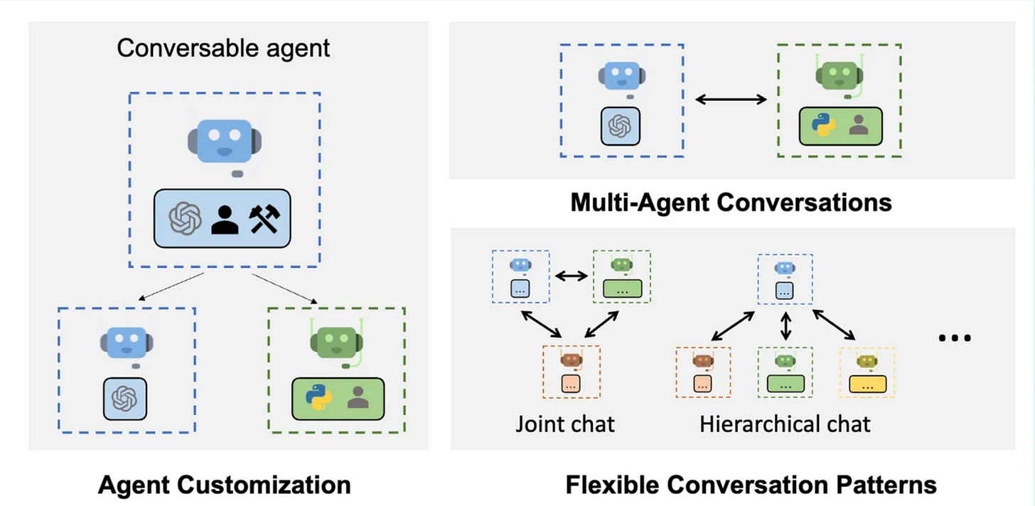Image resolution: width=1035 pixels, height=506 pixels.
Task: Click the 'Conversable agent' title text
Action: click(223, 48)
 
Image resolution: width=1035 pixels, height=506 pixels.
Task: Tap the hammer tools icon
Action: click(264, 219)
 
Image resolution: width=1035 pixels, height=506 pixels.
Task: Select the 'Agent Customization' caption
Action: click(224, 485)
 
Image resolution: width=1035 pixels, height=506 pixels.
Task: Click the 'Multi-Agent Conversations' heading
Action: click(731, 203)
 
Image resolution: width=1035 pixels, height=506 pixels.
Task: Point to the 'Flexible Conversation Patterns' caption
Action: click(751, 485)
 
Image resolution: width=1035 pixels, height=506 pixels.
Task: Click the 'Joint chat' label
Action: click(564, 424)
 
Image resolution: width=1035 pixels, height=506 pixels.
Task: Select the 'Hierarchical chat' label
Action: click(785, 424)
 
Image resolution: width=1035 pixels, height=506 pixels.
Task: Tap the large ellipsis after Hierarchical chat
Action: click(955, 338)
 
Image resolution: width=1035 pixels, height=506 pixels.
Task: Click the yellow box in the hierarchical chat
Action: click(868, 384)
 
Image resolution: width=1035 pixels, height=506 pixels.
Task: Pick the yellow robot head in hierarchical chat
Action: click(867, 361)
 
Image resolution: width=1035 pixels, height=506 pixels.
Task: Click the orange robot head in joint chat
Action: click(571, 360)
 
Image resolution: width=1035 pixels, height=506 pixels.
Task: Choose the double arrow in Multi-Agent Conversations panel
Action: click(731, 99)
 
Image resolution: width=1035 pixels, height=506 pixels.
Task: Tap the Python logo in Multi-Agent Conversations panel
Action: click(823, 125)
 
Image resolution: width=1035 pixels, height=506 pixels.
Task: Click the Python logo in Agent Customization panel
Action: click(318, 397)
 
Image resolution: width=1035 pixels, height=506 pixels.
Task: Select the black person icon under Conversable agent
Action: click(225, 220)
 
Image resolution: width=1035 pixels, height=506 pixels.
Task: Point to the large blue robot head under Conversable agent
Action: click(225, 141)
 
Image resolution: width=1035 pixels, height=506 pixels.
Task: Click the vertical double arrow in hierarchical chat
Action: click(785, 325)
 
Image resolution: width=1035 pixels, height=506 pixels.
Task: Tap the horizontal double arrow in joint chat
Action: click(571, 276)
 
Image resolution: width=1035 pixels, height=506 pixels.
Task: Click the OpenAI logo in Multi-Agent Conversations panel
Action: click(620, 126)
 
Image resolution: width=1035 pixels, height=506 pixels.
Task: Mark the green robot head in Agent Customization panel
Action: click(336, 343)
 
